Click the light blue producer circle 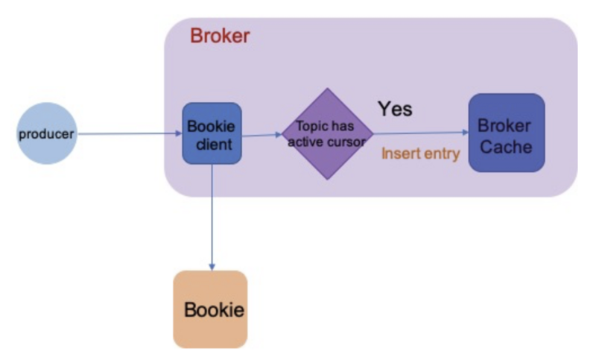(x=47, y=133)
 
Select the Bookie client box (x=212, y=133)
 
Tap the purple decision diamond (x=327, y=134)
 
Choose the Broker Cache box (x=507, y=133)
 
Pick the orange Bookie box (x=211, y=309)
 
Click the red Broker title (x=220, y=36)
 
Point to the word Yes (x=395, y=109)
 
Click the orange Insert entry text (x=421, y=154)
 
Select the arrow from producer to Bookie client (x=130, y=133)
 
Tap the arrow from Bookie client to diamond (x=262, y=135)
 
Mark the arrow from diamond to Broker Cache (x=421, y=133)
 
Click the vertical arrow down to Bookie (x=212, y=218)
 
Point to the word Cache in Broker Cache (x=506, y=147)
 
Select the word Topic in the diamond (x=310, y=126)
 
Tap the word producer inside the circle (x=46, y=134)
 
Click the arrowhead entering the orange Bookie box (x=212, y=268)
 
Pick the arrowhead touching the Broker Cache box (x=466, y=132)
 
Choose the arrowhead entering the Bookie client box (x=179, y=133)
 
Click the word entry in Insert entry (x=442, y=154)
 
